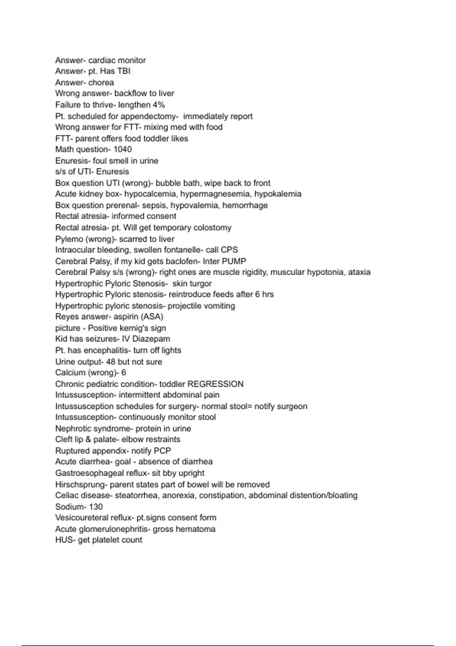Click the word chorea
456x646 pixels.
(x=101, y=82)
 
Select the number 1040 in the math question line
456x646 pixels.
(x=123, y=149)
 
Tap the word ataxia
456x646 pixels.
(x=359, y=272)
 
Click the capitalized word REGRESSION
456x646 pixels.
(x=215, y=384)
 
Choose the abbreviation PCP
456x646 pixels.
(x=162, y=451)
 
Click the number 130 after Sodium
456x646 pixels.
(x=96, y=507)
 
